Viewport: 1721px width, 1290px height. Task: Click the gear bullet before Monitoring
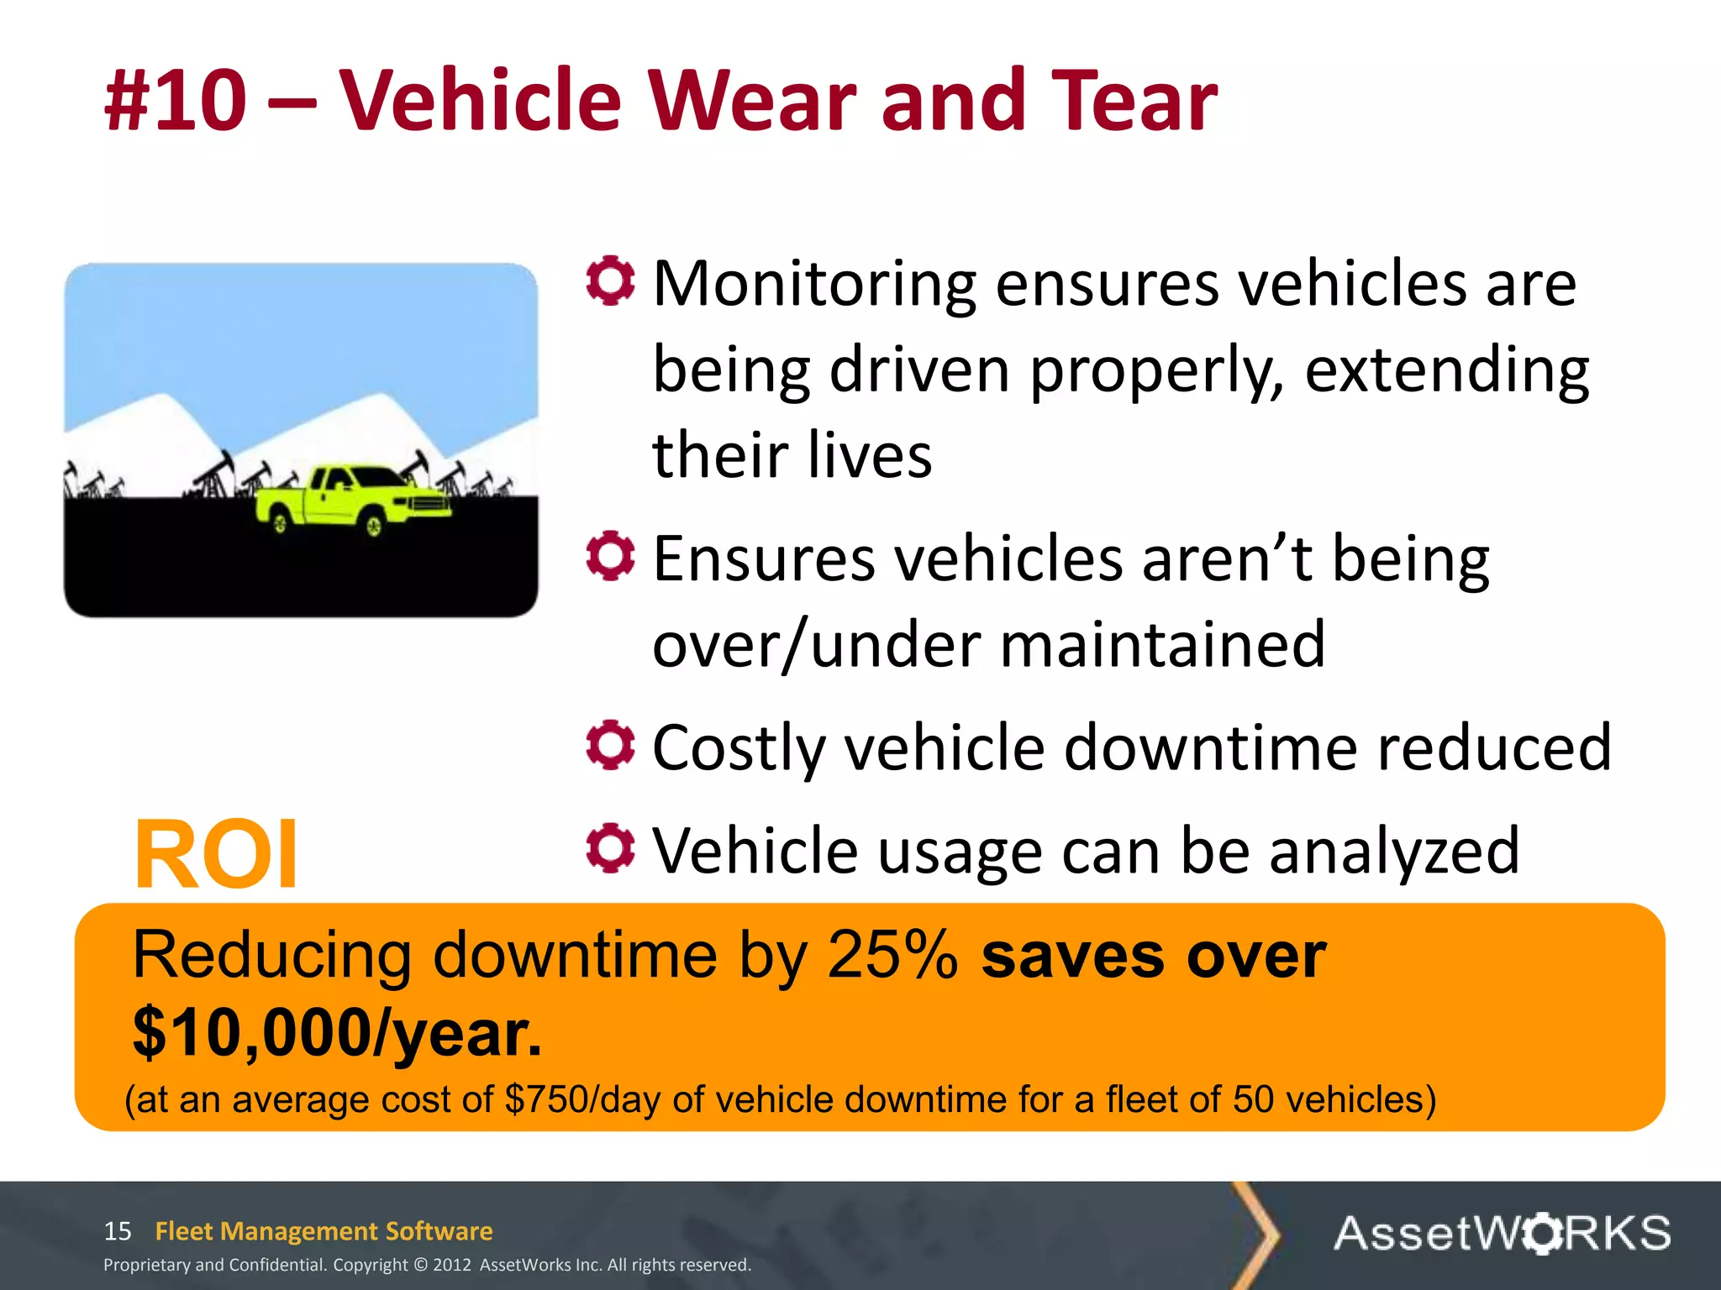tap(610, 281)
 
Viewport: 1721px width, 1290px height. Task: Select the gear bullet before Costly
tap(610, 745)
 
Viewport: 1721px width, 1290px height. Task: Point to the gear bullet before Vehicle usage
tap(610, 848)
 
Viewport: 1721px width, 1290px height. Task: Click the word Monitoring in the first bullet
tap(813, 284)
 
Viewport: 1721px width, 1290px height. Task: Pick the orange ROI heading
tap(216, 854)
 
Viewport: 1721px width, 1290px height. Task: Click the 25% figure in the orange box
tap(892, 956)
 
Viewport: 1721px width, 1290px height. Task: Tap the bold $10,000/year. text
tap(337, 1033)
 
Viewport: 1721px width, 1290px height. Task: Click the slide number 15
tap(118, 1231)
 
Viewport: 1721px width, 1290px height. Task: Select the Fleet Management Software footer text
tap(324, 1231)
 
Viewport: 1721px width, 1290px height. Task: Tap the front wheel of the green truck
tap(372, 527)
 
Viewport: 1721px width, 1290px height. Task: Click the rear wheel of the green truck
tap(280, 524)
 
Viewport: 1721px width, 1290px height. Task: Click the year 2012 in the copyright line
tap(452, 1265)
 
